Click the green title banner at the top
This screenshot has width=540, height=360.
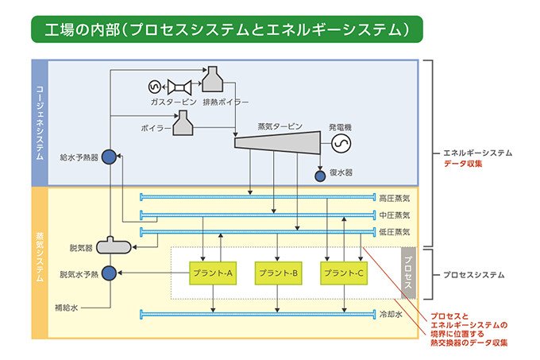[x=226, y=30]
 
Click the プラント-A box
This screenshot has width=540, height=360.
[x=212, y=273]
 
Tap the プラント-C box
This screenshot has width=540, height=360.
[x=345, y=273]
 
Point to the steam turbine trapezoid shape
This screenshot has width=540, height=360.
[x=277, y=142]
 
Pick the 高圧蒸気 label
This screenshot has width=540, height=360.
[x=394, y=197]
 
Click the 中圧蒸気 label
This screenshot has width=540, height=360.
[x=394, y=215]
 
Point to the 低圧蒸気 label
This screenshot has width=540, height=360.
[x=394, y=232]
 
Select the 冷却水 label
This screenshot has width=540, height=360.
[x=392, y=314]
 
